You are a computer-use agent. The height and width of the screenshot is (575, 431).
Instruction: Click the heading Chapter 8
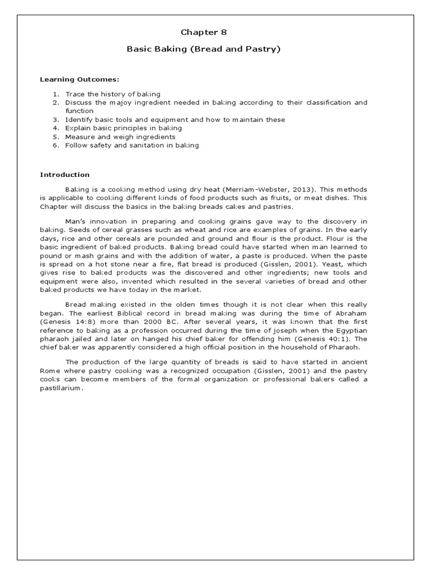click(204, 32)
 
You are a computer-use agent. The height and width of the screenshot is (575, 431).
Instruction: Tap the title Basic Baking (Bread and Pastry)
click(204, 49)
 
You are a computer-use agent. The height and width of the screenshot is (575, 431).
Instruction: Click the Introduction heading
click(65, 175)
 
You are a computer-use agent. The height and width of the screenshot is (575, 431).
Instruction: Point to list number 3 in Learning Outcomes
click(56, 120)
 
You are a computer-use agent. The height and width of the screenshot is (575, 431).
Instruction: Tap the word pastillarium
click(62, 389)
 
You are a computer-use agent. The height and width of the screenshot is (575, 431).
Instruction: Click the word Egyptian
click(350, 331)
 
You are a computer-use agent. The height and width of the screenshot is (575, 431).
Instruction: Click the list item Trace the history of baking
click(112, 94)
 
